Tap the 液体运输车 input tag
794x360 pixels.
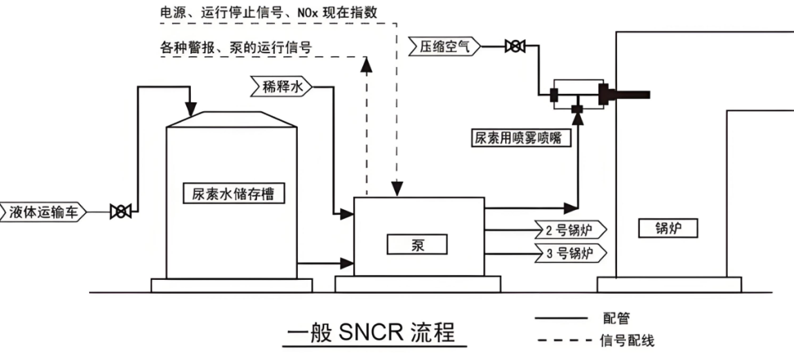[42, 211]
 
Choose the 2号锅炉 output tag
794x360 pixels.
[571, 229]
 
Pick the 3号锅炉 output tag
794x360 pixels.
[571, 252]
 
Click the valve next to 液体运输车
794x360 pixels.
[121, 211]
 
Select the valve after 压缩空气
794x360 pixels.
[514, 47]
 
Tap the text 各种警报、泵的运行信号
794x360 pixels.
[234, 48]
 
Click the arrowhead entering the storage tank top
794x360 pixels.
[190, 108]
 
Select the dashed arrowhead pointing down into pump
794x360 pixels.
[396, 190]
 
